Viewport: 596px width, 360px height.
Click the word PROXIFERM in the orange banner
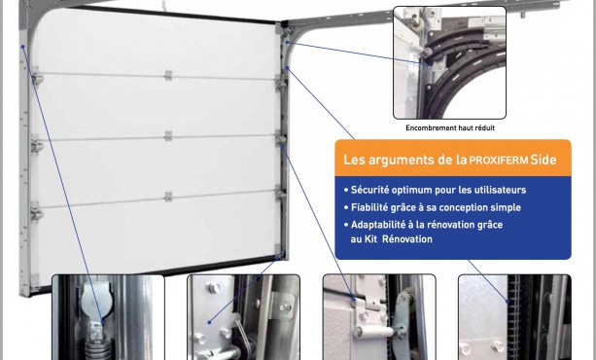pos(499,161)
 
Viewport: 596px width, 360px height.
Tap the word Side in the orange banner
pos(543,160)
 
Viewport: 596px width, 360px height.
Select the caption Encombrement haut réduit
pos(450,127)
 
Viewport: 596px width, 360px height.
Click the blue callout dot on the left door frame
pos(22,47)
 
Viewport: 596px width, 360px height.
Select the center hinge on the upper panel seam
pos(168,75)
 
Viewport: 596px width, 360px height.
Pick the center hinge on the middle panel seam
pos(168,135)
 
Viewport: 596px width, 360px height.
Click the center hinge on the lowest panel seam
pos(168,197)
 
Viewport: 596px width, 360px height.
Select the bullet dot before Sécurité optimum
pos(346,190)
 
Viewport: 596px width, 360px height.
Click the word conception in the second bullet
pos(463,208)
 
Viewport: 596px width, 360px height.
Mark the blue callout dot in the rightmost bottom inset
pos(508,302)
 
